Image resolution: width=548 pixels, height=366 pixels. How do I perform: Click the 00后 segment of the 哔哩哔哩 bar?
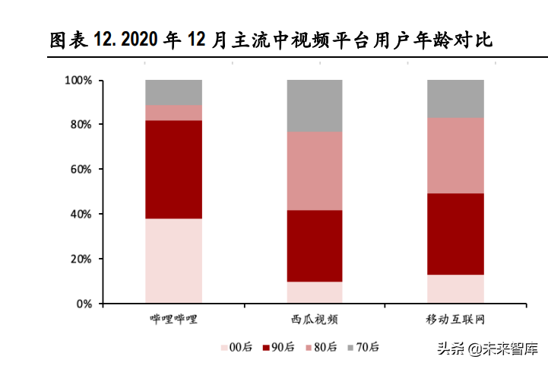(173, 261)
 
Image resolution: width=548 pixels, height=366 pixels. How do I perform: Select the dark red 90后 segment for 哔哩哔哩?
(173, 170)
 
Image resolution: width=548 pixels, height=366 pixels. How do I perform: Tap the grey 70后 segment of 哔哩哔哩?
(173, 92)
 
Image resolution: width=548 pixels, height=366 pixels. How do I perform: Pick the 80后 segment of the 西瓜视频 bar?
(315, 171)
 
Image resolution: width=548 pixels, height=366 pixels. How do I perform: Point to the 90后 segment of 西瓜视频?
(315, 246)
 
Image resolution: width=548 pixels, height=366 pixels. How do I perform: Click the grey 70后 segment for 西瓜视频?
(315, 106)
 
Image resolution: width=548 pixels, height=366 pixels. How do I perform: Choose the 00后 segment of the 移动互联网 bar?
(455, 289)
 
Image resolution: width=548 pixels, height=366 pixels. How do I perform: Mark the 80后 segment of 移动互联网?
(455, 155)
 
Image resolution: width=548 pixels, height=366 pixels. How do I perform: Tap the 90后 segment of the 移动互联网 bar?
(455, 234)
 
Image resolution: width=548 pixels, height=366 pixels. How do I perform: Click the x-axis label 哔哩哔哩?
(173, 318)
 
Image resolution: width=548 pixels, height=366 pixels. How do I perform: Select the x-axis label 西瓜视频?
(315, 318)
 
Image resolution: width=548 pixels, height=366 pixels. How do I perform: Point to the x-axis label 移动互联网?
(455, 318)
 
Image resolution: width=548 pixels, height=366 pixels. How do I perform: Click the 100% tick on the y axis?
(78, 80)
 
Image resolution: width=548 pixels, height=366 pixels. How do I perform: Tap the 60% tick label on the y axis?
(81, 169)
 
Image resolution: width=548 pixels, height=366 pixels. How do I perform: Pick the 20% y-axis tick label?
(81, 259)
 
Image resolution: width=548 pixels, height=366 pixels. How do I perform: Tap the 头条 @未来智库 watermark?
(486, 349)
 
